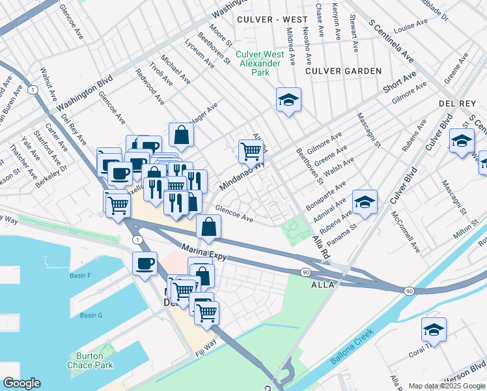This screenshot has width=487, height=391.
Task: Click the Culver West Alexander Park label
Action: (260, 63)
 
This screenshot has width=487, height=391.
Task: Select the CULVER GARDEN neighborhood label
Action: (335, 70)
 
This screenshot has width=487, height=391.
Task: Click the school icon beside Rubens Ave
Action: (365, 202)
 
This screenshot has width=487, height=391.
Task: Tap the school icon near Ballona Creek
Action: (434, 330)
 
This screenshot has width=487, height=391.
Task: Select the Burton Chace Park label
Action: (87, 360)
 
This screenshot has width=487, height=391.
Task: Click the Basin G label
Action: (91, 315)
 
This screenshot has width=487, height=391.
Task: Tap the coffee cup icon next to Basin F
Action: (145, 264)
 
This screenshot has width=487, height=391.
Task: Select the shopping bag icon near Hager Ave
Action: (182, 135)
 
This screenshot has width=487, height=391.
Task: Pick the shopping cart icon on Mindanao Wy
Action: (251, 151)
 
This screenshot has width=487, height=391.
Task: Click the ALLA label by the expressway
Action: (323, 285)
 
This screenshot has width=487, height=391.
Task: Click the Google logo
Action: (21, 383)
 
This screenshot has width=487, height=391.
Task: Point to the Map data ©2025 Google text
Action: (447, 386)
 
